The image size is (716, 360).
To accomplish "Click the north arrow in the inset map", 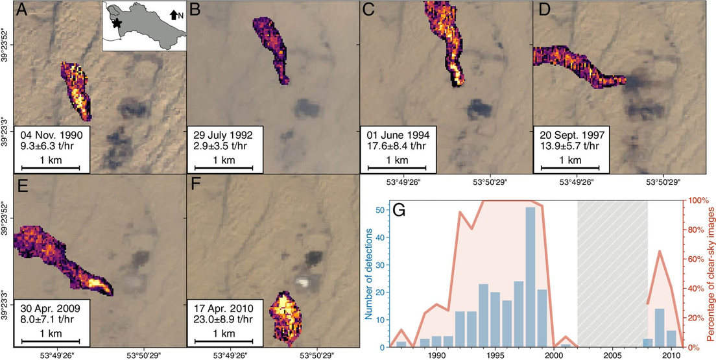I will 173,13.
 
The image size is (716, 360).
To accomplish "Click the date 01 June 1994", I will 400,134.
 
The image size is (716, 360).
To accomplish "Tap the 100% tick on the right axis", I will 695,200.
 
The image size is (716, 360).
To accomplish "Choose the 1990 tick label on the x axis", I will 436,355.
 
